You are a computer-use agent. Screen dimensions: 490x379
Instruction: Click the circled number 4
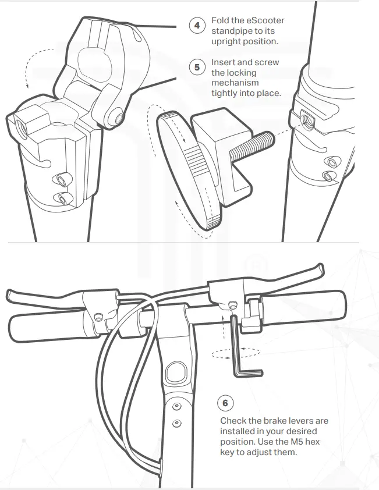[x=197, y=26]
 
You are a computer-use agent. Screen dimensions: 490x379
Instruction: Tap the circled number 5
[x=197, y=68]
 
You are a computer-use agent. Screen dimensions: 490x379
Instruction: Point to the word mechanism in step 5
[x=234, y=83]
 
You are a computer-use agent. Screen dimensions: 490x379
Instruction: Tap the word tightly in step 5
[x=225, y=93]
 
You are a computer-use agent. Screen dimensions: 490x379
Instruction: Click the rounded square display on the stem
[x=176, y=371]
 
